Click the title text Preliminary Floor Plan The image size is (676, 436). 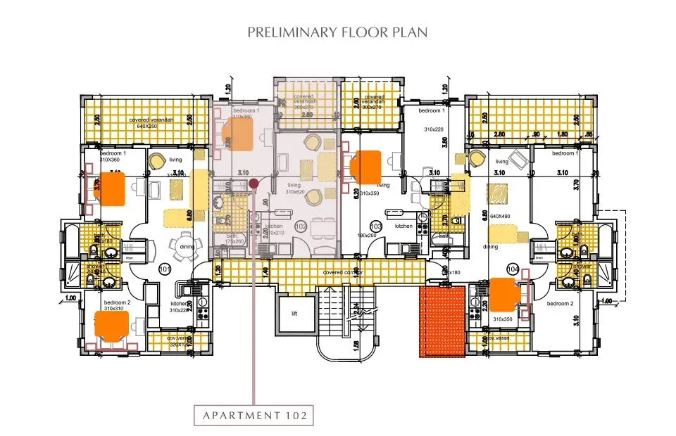[338, 32]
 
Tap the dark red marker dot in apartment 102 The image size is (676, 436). [254, 184]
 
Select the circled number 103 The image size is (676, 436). [376, 227]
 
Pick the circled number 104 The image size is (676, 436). [511, 269]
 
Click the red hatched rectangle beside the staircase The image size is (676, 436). [443, 321]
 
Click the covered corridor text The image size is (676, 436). [343, 272]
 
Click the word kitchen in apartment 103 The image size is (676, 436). [403, 226]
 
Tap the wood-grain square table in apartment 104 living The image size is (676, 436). [498, 192]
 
